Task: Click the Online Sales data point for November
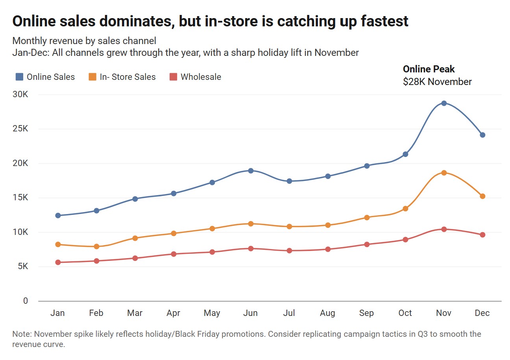pyautogui.click(x=444, y=103)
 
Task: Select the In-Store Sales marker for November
pyautogui.click(x=444, y=173)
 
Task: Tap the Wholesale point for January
pyautogui.click(x=58, y=262)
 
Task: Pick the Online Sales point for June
pyautogui.click(x=251, y=170)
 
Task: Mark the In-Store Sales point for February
pyautogui.click(x=96, y=247)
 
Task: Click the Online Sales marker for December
pyautogui.click(x=482, y=135)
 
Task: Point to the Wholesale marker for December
pyautogui.click(x=482, y=235)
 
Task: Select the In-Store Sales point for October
pyautogui.click(x=405, y=209)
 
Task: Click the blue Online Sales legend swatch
pyautogui.click(x=19, y=77)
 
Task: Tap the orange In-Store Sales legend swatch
pyautogui.click(x=92, y=77)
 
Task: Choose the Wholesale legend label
pyautogui.click(x=201, y=77)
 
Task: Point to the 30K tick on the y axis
pyautogui.click(x=20, y=95)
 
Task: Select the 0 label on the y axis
pyautogui.click(x=26, y=301)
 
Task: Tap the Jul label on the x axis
pyautogui.click(x=289, y=313)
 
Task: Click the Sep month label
pyautogui.click(x=366, y=313)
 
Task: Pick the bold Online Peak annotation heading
pyautogui.click(x=429, y=69)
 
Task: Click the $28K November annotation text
pyautogui.click(x=437, y=82)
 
